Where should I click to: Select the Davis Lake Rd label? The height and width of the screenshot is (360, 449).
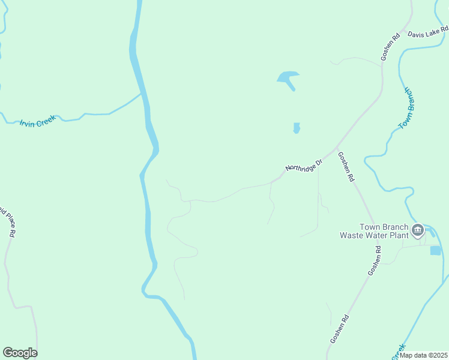point(427,32)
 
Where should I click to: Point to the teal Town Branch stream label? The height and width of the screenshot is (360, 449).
point(408,108)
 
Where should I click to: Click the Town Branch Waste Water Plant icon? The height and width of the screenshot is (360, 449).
point(418,230)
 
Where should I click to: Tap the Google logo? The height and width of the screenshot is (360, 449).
point(20,353)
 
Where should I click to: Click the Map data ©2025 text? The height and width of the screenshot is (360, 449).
point(423,355)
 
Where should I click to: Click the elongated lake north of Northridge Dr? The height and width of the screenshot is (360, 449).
point(288,79)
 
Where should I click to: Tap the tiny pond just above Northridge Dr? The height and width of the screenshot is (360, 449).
point(296,128)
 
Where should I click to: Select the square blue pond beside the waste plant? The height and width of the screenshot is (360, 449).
point(435,250)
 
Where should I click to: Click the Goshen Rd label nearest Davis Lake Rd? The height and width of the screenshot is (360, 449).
point(390,47)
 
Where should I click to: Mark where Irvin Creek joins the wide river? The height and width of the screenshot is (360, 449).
point(142,93)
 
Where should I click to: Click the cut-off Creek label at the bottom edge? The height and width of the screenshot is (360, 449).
point(399,349)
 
